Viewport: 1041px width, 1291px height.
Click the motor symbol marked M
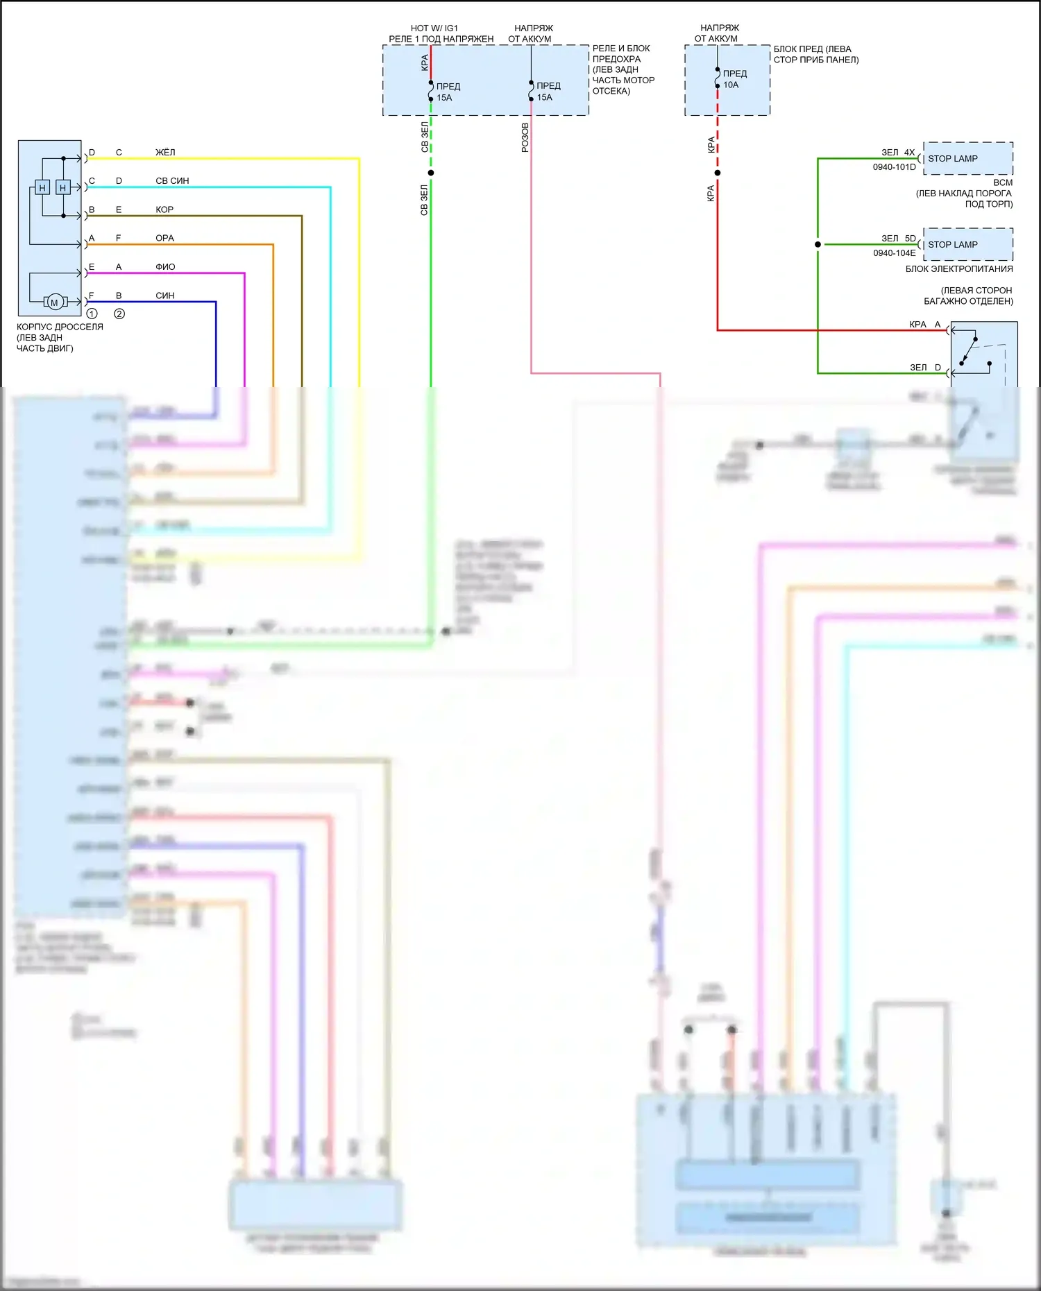(55, 302)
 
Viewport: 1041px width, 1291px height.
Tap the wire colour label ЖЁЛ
(165, 152)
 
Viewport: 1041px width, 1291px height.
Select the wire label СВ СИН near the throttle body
(172, 180)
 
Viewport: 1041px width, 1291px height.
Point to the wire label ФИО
(165, 266)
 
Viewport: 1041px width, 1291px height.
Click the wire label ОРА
(164, 238)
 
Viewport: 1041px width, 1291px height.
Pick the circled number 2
(119, 314)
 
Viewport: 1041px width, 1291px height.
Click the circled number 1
(92, 314)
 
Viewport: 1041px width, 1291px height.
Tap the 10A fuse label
(731, 85)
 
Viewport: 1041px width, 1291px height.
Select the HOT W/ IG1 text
(434, 28)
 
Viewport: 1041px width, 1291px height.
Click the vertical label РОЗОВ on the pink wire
(525, 137)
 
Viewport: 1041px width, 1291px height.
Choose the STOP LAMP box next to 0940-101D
(967, 159)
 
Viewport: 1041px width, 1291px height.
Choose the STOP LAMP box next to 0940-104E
(967, 245)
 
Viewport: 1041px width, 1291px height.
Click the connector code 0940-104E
(894, 253)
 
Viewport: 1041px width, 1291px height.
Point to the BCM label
(1003, 182)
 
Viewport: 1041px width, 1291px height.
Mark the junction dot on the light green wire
(431, 173)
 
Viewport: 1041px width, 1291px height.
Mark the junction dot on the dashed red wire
(718, 173)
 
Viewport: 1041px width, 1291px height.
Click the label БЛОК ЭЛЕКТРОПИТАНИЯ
(958, 269)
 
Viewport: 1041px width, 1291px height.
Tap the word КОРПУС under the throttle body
(35, 327)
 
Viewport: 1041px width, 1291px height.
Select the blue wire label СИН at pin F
(165, 296)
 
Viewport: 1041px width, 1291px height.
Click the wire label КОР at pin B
(164, 210)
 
